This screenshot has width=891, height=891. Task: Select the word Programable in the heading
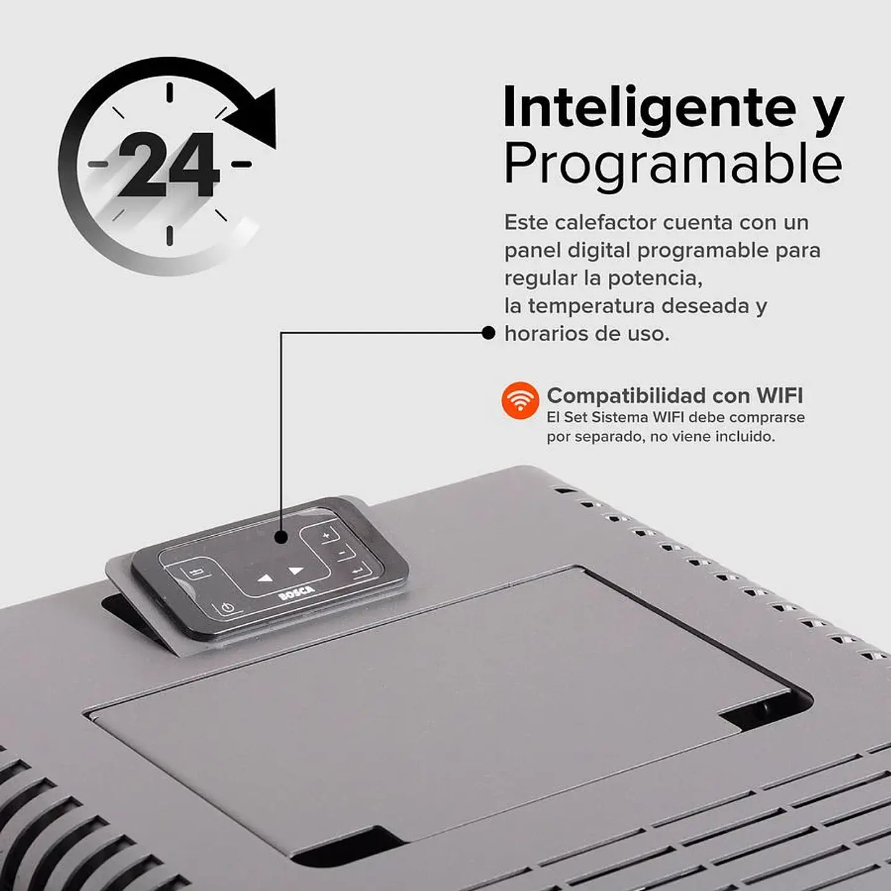click(673, 164)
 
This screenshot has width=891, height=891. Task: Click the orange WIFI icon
click(520, 400)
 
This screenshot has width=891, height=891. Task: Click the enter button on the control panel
click(358, 570)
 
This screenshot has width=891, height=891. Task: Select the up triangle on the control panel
click(296, 570)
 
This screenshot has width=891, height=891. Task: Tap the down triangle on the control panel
click(265, 579)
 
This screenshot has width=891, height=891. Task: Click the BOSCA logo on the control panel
click(296, 592)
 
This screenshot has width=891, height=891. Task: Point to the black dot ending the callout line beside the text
click(488, 334)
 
